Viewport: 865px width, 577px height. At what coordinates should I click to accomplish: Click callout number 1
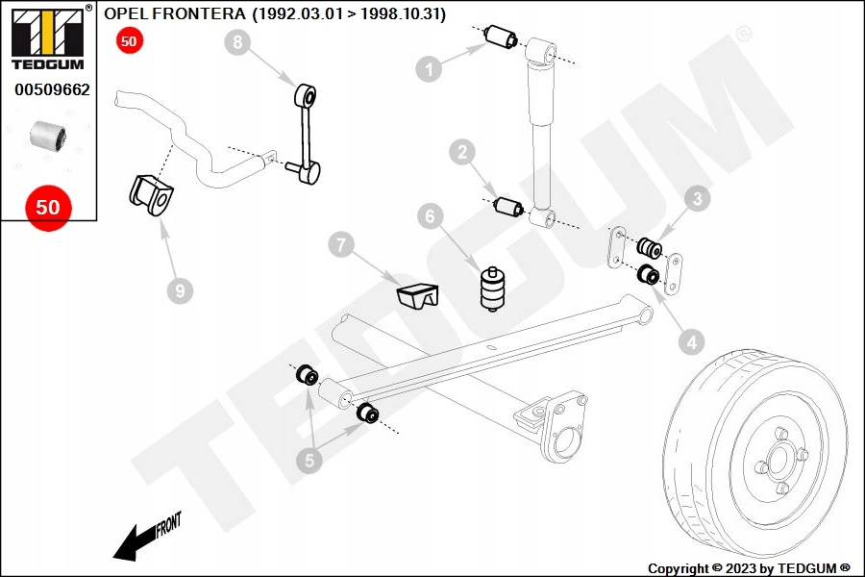[429, 67]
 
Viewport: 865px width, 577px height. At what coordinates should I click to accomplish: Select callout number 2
[463, 151]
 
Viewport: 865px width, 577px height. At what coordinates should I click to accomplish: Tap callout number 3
[697, 199]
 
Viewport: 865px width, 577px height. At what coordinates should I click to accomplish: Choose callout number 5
[309, 462]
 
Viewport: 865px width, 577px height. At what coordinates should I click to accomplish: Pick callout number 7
[340, 245]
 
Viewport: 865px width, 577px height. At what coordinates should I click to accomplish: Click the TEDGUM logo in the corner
[46, 39]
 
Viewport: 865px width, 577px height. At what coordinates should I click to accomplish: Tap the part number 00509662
[52, 90]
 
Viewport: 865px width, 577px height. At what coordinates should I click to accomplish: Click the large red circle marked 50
[48, 207]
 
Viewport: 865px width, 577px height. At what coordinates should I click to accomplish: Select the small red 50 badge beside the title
[129, 40]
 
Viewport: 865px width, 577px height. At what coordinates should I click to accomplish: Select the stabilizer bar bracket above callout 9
[154, 195]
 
